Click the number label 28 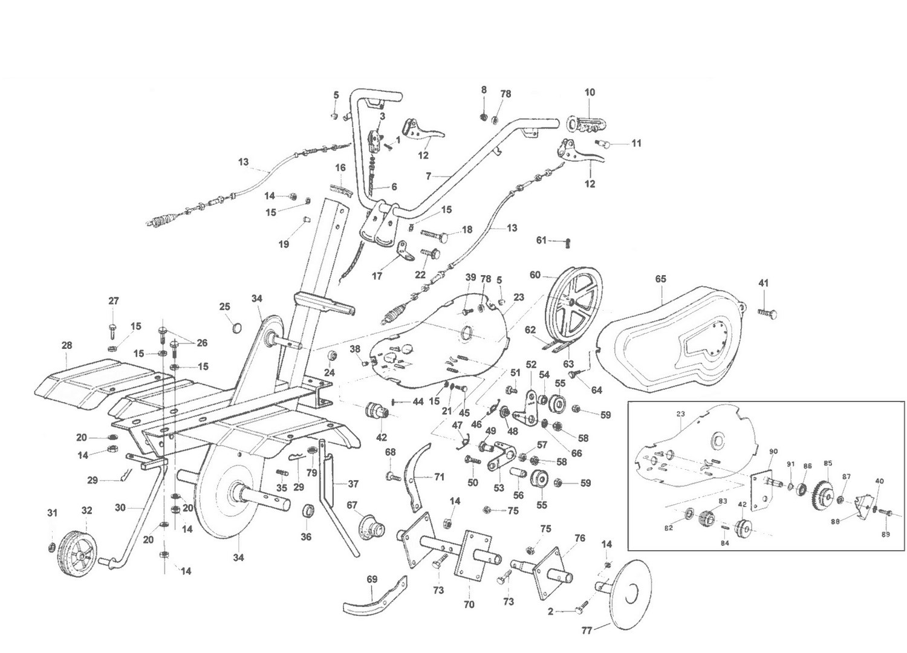pyautogui.click(x=67, y=345)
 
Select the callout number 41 pyautogui.click(x=764, y=283)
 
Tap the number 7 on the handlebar pyautogui.click(x=428, y=176)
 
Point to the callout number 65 pyautogui.click(x=660, y=279)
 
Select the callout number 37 pyautogui.click(x=353, y=484)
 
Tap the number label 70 pyautogui.click(x=469, y=604)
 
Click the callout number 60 pyautogui.click(x=535, y=275)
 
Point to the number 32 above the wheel pyautogui.click(x=87, y=510)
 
